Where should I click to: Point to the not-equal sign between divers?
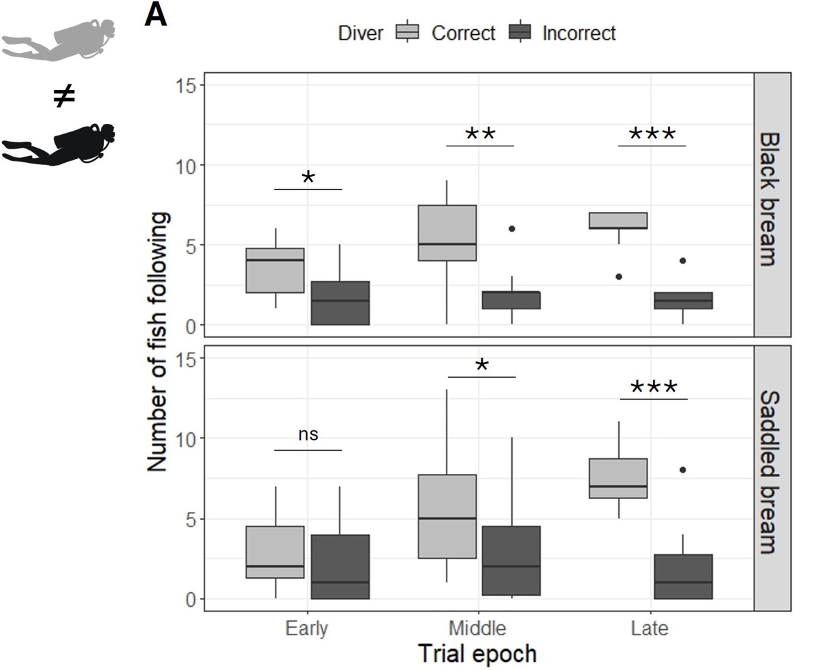pyautogui.click(x=63, y=97)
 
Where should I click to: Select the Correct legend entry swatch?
pyautogui.click(x=408, y=33)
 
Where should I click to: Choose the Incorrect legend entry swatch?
pyautogui.click(x=519, y=33)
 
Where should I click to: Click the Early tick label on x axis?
pyautogui.click(x=308, y=628)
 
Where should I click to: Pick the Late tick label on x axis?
pyautogui.click(x=650, y=628)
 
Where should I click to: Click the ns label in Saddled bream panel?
pyautogui.click(x=308, y=434)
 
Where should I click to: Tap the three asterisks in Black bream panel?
pyautogui.click(x=652, y=135)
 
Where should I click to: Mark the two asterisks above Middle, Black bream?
pyautogui.click(x=480, y=135)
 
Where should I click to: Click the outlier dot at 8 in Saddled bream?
pyautogui.click(x=682, y=470)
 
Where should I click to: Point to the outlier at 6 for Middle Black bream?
pyautogui.click(x=511, y=229)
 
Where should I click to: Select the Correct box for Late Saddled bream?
pyautogui.click(x=618, y=479)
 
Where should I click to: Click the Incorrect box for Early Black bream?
pyautogui.click(x=340, y=303)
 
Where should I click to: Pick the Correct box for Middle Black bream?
pyautogui.click(x=447, y=233)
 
